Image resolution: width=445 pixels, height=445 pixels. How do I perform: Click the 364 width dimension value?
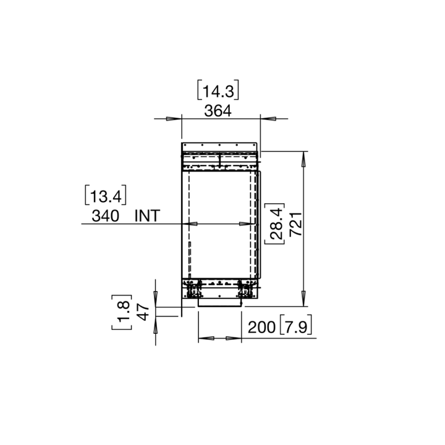coord(217,111)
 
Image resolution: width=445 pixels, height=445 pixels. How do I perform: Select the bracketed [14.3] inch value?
coord(218,91)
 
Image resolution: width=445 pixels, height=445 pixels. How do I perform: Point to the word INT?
coord(147,216)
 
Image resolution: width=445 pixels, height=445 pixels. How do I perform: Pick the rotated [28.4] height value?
coord(275,224)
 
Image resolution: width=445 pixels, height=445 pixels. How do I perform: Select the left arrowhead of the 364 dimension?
coord(174,119)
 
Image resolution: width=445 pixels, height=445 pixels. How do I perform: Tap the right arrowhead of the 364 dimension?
coord(267,119)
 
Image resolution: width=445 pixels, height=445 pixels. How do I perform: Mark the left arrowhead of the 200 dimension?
coord(205,339)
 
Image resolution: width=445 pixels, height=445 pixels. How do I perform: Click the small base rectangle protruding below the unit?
coord(219,303)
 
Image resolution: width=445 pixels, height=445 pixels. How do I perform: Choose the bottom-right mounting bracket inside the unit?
coord(245,289)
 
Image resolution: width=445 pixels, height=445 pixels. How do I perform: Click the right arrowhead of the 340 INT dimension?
coord(250,224)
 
